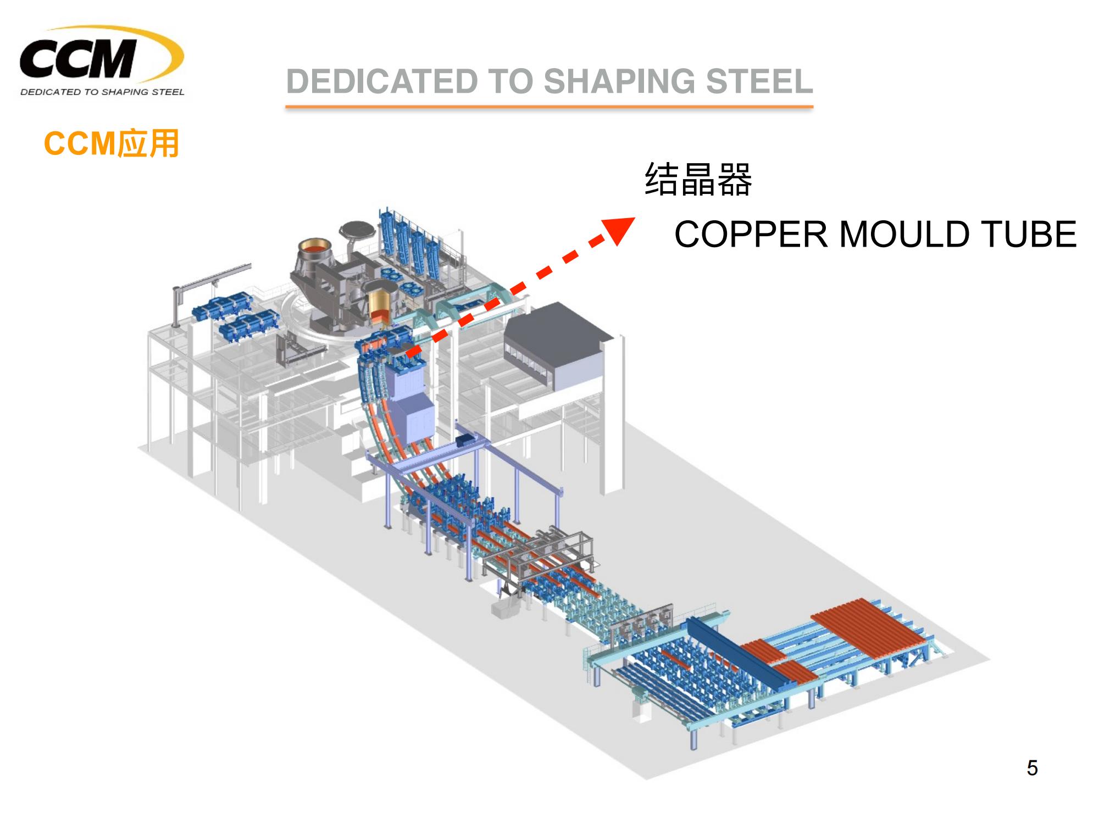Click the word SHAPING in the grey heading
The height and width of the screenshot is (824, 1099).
point(620,81)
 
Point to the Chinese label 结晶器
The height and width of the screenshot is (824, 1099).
point(697,179)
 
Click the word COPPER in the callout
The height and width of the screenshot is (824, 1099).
point(750,235)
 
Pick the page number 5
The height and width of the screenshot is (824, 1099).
point(1032,768)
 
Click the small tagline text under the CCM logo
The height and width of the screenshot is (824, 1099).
point(102,92)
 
